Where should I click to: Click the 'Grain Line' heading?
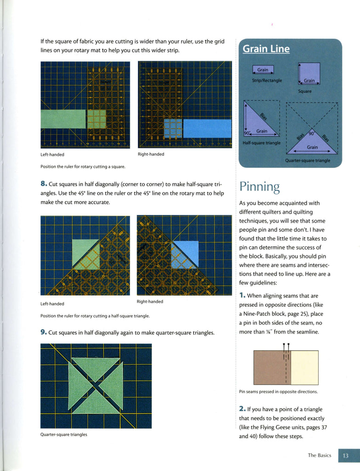click(x=266, y=49)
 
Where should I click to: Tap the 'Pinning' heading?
click(x=259, y=187)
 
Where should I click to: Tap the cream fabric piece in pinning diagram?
click(x=304, y=368)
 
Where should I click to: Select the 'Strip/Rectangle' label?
click(x=267, y=80)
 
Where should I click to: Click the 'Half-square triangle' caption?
click(x=261, y=143)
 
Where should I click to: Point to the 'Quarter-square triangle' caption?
click(x=308, y=161)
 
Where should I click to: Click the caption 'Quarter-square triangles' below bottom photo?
click(x=63, y=435)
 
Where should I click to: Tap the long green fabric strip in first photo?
click(x=63, y=119)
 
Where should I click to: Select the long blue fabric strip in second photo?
click(x=207, y=128)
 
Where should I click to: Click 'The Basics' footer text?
click(x=319, y=455)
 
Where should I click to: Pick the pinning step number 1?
click(x=242, y=296)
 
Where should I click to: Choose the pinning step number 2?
click(x=242, y=409)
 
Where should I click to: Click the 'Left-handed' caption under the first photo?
click(x=52, y=155)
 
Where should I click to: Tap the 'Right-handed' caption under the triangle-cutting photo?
click(x=150, y=302)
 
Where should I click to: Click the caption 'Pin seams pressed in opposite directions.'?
click(x=278, y=392)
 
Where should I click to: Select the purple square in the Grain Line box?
click(x=309, y=74)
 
